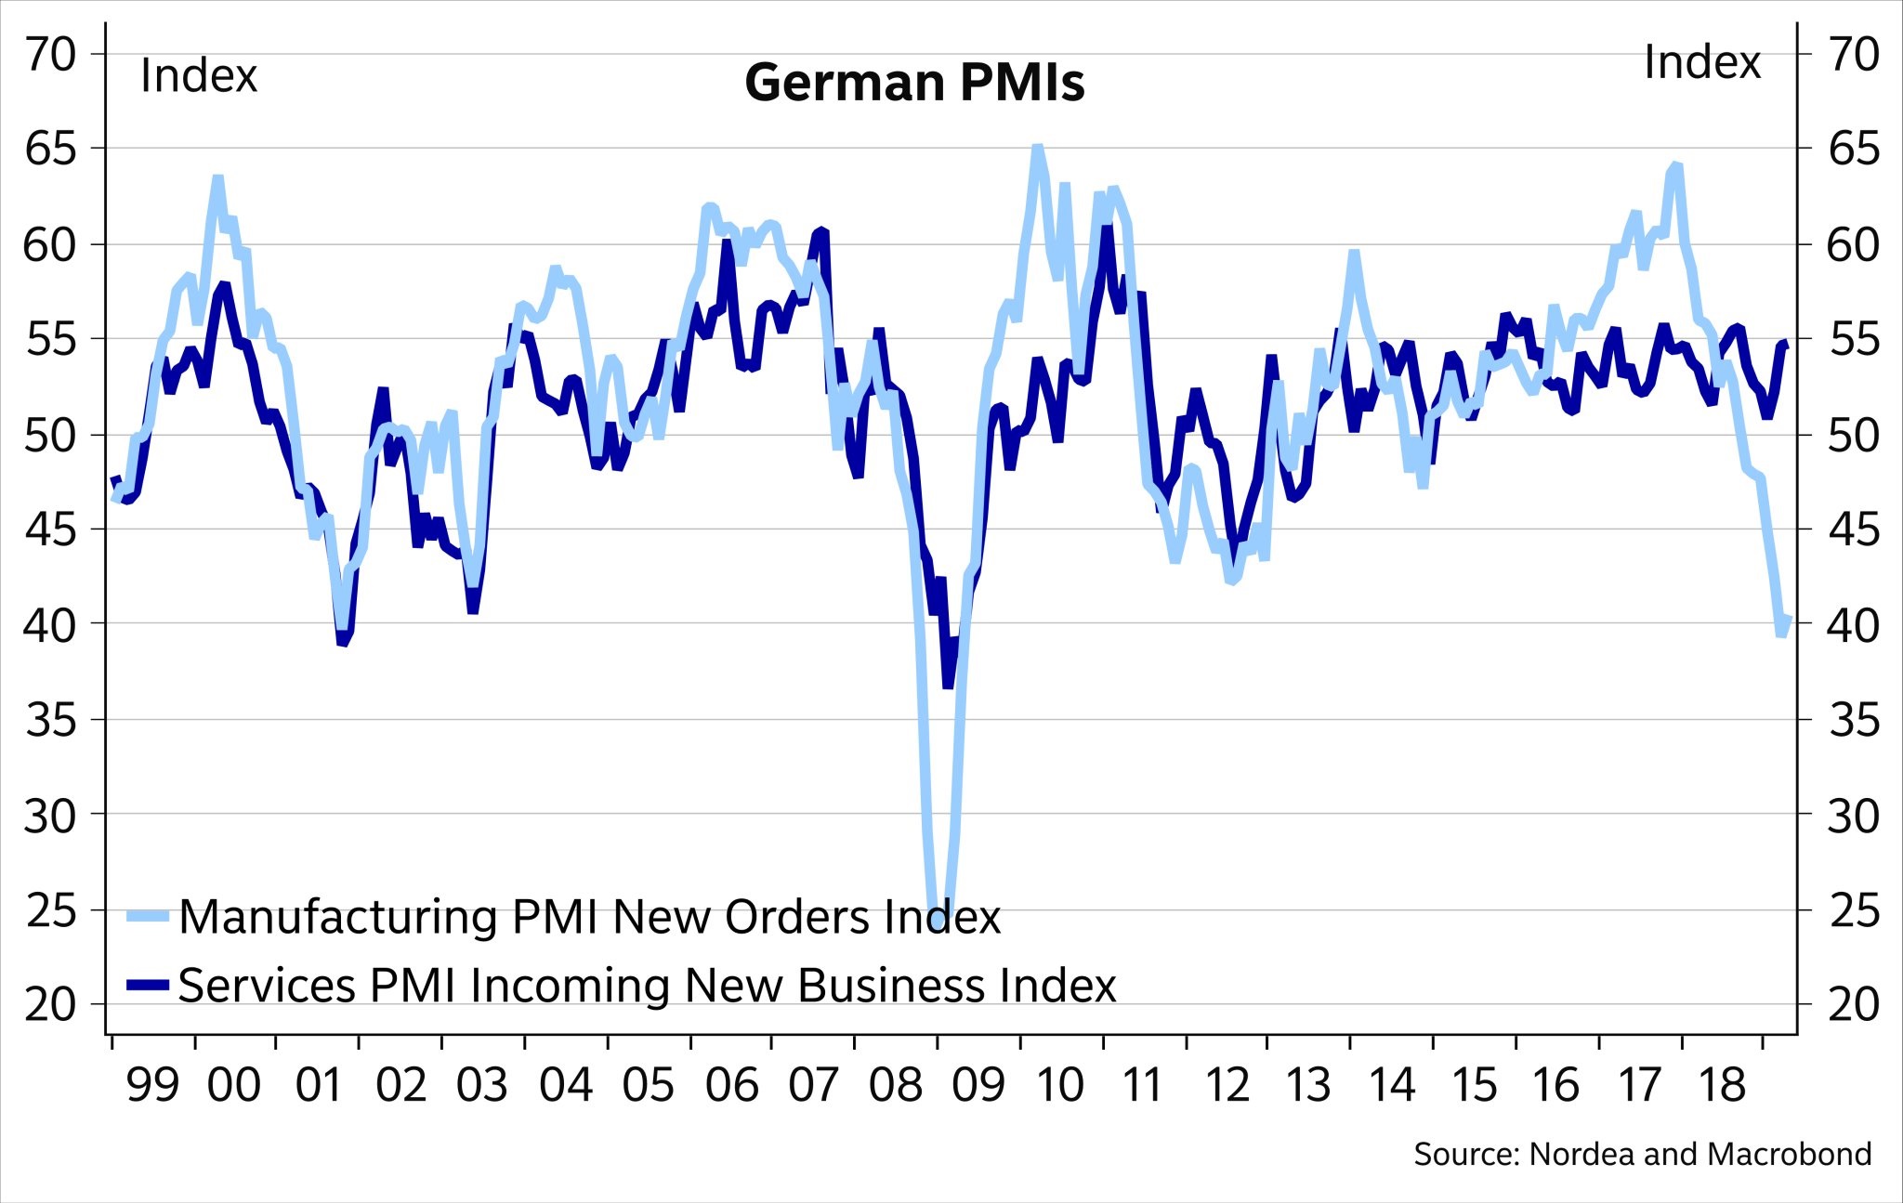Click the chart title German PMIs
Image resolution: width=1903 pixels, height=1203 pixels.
pos(914,83)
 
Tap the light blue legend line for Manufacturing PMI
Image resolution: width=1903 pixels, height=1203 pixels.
pos(148,916)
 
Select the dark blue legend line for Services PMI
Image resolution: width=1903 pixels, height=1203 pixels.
pos(148,985)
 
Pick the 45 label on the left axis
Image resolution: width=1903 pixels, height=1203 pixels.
pos(50,530)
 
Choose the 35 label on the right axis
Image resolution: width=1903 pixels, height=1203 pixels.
pos(1853,721)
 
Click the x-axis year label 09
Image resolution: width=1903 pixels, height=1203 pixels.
pos(978,1085)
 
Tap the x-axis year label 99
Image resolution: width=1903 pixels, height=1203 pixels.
pos(152,1085)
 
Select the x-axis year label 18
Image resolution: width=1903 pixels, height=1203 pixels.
pos(1722,1085)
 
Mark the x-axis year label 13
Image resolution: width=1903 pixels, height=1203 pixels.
pos(1308,1085)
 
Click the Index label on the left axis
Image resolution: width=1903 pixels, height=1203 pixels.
pos(198,76)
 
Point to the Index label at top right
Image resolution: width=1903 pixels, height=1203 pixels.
pos(1701,63)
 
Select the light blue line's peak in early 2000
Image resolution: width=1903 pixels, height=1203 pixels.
pos(217,177)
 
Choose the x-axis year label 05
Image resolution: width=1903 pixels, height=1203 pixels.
pos(648,1085)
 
